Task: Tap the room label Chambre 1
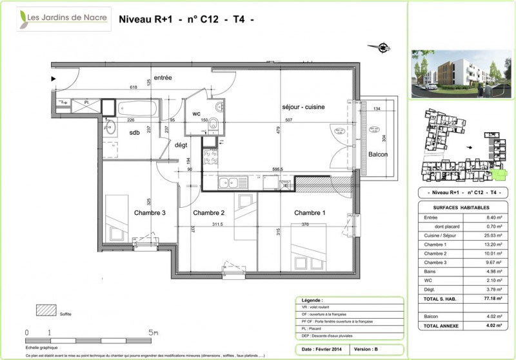coord(310,213)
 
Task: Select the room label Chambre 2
coord(208,213)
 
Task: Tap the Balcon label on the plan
coord(378,155)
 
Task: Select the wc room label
coord(197,114)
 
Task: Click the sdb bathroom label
coord(134,132)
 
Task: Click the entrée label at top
coord(163,77)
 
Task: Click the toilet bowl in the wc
coord(219,123)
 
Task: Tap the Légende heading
coord(312,301)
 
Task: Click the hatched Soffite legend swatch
coord(45,312)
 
